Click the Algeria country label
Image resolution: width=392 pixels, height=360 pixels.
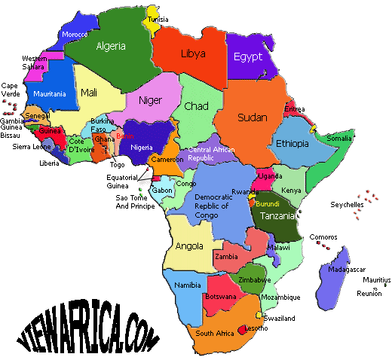coord(111,45)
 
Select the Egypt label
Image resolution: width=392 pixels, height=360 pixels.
coord(247,57)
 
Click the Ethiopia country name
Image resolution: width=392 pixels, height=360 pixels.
coord(293,143)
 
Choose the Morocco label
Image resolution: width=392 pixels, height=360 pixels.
coord(75,35)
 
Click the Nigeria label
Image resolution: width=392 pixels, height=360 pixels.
coord(146,147)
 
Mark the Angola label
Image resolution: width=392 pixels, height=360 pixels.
coord(188,246)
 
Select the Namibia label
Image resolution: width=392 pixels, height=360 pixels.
coord(187,285)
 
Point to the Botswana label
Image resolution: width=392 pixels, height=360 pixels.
coord(219,297)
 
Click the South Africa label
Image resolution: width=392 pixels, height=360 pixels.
coord(213,332)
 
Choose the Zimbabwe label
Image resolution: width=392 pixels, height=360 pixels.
coord(254,279)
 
